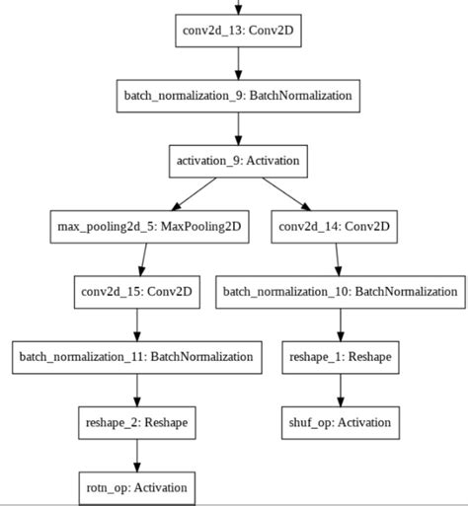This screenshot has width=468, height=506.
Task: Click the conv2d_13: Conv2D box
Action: click(238, 30)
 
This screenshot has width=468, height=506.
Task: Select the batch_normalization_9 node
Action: click(238, 96)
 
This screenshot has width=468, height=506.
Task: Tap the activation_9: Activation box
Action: click(238, 161)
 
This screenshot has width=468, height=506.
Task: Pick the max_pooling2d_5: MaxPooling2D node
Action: click(148, 226)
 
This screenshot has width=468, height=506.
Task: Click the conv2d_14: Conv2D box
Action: click(336, 226)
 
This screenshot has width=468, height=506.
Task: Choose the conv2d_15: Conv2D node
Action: click(135, 291)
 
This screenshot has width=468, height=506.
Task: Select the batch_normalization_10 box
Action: click(340, 291)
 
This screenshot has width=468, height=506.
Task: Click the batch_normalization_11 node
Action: click(135, 356)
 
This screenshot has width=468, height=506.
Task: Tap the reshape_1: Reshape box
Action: click(340, 356)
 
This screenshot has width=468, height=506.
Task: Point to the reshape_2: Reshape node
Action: click(135, 422)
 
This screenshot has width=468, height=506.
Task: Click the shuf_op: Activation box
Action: click(340, 422)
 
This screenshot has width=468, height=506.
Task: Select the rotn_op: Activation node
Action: click(135, 487)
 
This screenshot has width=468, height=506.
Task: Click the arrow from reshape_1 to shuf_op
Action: click(340, 389)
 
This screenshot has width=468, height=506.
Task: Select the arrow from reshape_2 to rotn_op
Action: click(135, 455)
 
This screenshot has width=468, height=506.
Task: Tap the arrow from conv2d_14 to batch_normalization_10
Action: click(338, 258)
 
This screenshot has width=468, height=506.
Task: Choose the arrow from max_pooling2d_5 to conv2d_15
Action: click(141, 258)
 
